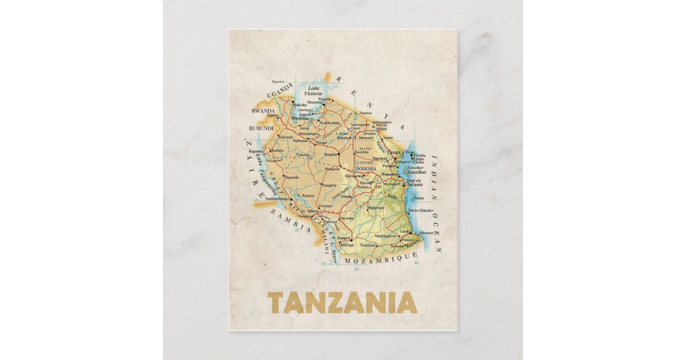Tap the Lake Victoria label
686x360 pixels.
pos(313,91)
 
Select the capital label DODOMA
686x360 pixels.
pos(366,169)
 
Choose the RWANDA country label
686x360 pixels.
pos(263,111)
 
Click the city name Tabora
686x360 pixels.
pos(302,155)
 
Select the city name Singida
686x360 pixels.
pos(331,154)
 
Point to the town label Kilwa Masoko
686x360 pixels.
pos(421,210)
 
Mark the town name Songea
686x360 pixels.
pos(343,238)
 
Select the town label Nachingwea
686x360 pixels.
pos(385,235)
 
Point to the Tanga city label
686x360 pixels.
pos(394,153)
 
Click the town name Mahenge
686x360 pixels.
pos(376,207)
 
